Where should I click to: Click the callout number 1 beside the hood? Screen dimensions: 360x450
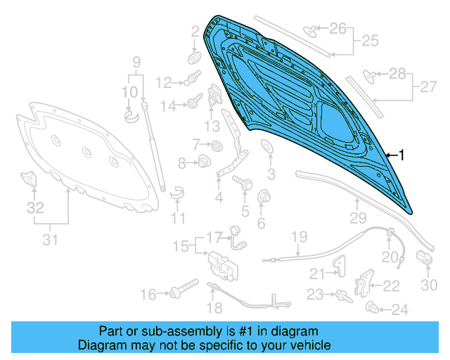pyautogui.click(x=402, y=154)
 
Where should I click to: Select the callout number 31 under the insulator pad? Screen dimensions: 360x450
pyautogui.click(x=49, y=240)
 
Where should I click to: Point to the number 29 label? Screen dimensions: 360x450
pyautogui.click(x=359, y=217)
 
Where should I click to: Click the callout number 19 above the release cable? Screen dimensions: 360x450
pyautogui.click(x=300, y=236)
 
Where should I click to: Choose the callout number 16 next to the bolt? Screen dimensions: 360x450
pyautogui.click(x=148, y=295)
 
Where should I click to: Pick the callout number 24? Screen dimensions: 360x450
pyautogui.click(x=399, y=309)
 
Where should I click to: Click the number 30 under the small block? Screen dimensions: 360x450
pyautogui.click(x=429, y=285)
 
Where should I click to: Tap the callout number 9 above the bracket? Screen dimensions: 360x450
pyautogui.click(x=136, y=61)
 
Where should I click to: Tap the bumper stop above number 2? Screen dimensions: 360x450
pyautogui.click(x=195, y=54)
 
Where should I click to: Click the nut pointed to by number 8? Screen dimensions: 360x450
pyautogui.click(x=204, y=162)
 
